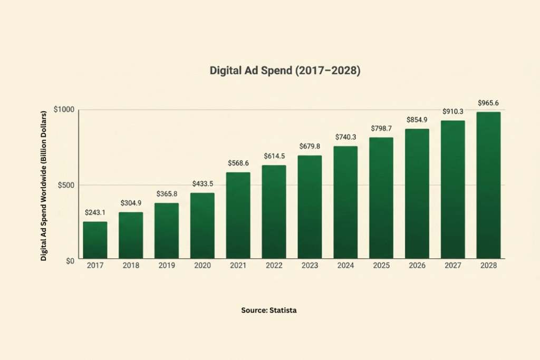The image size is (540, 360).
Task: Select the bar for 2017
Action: pyautogui.click(x=95, y=240)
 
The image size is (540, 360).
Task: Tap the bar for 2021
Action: pyautogui.click(x=238, y=216)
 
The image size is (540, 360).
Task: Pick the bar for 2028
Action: pyautogui.click(x=488, y=186)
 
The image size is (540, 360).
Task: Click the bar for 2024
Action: pyautogui.click(x=345, y=202)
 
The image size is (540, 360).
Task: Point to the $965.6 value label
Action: pyautogui.click(x=488, y=103)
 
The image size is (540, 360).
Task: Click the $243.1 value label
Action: pyautogui.click(x=95, y=212)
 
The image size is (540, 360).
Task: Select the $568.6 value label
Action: pyautogui.click(x=238, y=163)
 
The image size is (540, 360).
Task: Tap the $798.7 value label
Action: pyautogui.click(x=381, y=128)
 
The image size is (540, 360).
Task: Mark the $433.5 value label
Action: pyautogui.click(x=202, y=184)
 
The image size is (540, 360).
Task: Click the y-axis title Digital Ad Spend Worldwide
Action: pyautogui.click(x=44, y=184)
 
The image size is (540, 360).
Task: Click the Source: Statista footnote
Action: pyautogui.click(x=269, y=310)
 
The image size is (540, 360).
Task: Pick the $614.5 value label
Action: pyautogui.click(x=274, y=156)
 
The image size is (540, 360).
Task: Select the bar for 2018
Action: pyautogui.click(x=131, y=236)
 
